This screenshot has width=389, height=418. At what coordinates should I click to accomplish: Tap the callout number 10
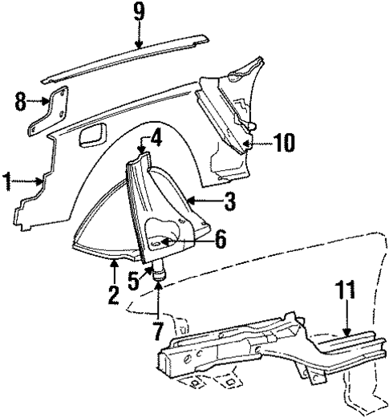tap(282, 144)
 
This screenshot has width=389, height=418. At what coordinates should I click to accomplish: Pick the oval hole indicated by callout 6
tap(161, 237)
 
